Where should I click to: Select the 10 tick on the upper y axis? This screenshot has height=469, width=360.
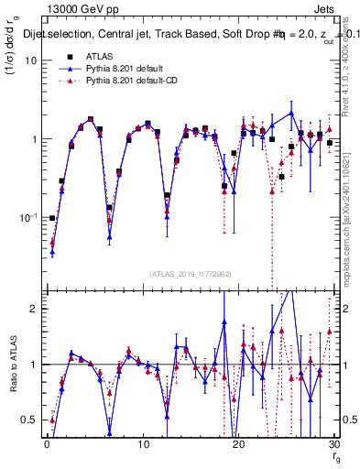(30, 60)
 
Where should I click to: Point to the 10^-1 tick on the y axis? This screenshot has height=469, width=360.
(27, 219)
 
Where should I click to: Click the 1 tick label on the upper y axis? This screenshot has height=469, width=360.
(33, 139)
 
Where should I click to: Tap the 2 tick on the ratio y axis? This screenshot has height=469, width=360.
(33, 309)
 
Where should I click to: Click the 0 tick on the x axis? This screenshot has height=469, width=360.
(46, 444)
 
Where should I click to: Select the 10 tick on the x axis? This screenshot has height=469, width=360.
(143, 444)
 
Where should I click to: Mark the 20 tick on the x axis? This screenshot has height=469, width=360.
(239, 444)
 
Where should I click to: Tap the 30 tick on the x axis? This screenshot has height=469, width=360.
(334, 444)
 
